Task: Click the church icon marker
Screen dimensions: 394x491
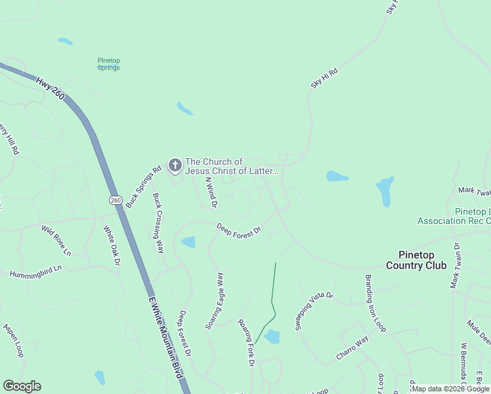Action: pos(175,165)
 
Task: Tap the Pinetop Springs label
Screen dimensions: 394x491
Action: pos(109,64)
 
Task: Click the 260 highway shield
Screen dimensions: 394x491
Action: pos(116,200)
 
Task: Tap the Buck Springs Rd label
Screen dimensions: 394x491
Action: pos(144,186)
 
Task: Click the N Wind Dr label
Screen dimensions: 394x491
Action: pos(211,192)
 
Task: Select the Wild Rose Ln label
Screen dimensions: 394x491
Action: pos(56,240)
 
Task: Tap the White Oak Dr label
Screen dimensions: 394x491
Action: pos(112,246)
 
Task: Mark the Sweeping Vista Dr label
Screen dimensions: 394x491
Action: pos(314,310)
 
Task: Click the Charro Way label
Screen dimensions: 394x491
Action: pos(352,348)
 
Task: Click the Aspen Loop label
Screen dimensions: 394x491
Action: pos(14,339)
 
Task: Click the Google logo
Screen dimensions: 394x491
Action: pos(22,386)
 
